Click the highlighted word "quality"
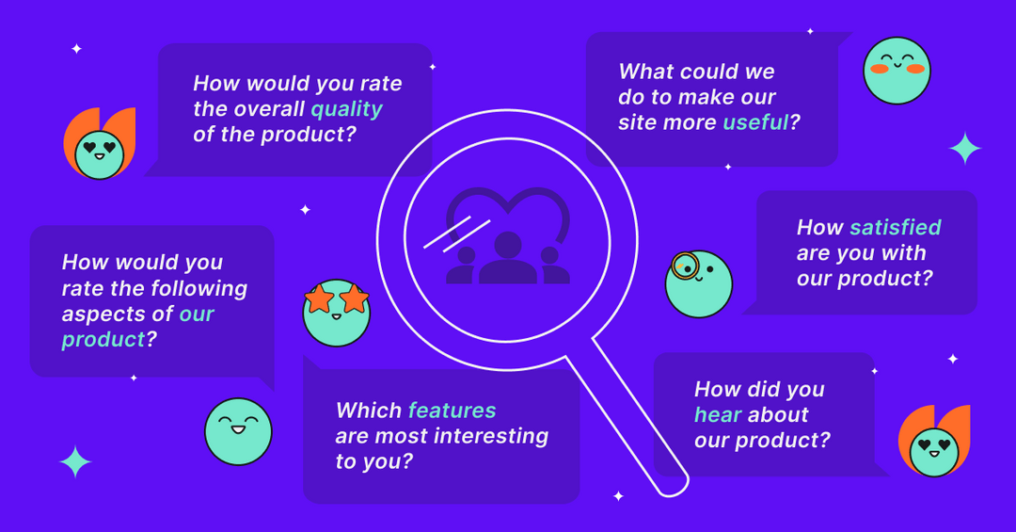[x=346, y=109]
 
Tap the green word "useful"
[x=754, y=122]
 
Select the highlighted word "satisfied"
[x=895, y=227]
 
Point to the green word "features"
[x=452, y=411]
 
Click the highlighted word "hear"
[x=718, y=415]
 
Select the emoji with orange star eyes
[x=337, y=312]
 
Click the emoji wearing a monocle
[x=698, y=283]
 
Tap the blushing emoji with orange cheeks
[x=897, y=71]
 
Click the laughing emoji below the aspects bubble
[x=238, y=431]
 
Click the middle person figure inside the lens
[x=508, y=259]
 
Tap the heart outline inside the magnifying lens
[x=508, y=212]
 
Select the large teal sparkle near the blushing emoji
[x=965, y=149]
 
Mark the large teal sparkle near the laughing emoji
[x=75, y=462]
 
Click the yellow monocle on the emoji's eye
[x=685, y=266]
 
